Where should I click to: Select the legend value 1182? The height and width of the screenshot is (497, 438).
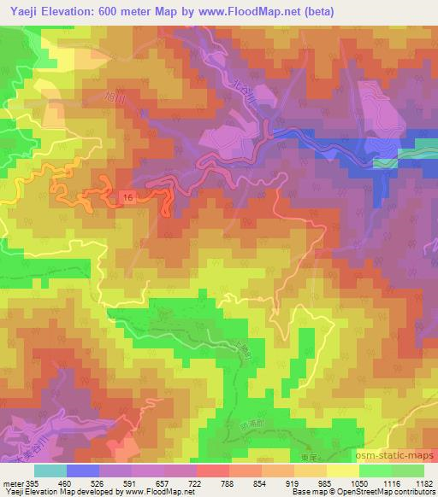coord(419,482)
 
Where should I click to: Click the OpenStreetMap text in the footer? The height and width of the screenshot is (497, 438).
coord(371,493)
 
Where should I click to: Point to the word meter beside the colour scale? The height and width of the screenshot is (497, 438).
coord(14,482)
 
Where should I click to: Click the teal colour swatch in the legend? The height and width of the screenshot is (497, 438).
coord(50,471)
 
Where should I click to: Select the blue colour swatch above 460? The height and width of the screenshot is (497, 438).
coord(83,471)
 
